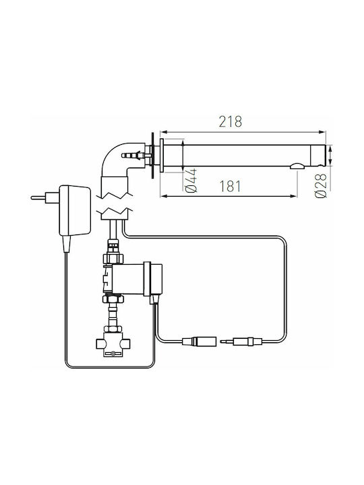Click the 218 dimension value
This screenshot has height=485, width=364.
pyautogui.click(x=231, y=121)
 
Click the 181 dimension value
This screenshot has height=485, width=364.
pyautogui.click(x=230, y=186)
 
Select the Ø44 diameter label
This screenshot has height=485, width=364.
pyautogui.click(x=191, y=181)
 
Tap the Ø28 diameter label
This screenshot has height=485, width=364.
pyautogui.click(x=321, y=186)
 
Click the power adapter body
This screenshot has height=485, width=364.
pyautogui.click(x=75, y=210)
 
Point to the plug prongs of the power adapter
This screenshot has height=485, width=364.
pyautogui.click(x=38, y=197)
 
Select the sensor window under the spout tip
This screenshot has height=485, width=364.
pyautogui.click(x=297, y=166)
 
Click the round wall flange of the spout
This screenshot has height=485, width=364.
pyautogui.click(x=162, y=156)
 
